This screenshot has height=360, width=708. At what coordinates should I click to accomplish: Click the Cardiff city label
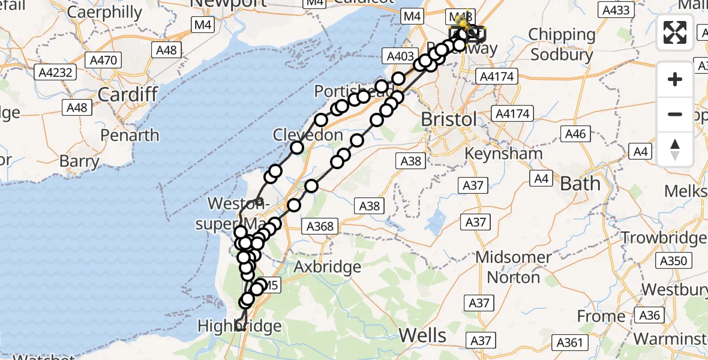[x=127, y=94]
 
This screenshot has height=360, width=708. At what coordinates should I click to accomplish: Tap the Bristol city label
[x=448, y=119]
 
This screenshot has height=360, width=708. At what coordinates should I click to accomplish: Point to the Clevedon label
[x=308, y=135]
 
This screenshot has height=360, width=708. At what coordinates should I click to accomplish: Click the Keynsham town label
[x=505, y=153]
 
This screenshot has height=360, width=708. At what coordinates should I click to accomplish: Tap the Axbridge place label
[x=327, y=266]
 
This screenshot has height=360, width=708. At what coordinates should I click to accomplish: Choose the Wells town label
[x=423, y=335]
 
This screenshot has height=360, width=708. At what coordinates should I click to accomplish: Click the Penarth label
[x=130, y=135]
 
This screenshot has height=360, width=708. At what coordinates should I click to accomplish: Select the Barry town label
[x=79, y=161]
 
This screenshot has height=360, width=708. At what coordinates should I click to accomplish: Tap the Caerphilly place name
[x=104, y=12]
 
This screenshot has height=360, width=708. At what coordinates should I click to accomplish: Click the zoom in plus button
[x=675, y=79]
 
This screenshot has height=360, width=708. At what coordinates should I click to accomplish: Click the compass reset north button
[x=675, y=149]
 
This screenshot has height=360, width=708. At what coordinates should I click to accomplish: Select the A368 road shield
[x=321, y=226]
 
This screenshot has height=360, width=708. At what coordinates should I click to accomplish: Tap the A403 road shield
[x=400, y=57]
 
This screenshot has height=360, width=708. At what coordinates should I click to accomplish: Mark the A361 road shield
[x=570, y=343]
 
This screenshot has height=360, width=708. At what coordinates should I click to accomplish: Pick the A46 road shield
[x=575, y=135]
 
